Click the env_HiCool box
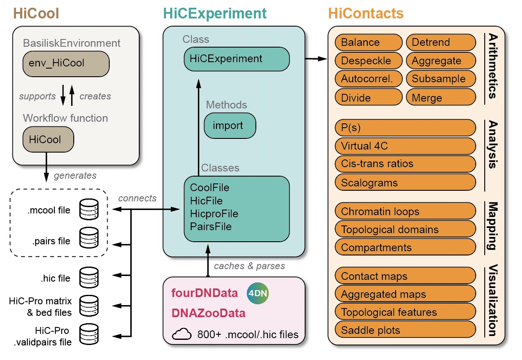coord(66,63)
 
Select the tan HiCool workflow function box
coord(48,139)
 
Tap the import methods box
coord(230,126)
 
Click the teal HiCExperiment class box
coord(237,59)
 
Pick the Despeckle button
coord(368,60)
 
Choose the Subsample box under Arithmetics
coord(441,79)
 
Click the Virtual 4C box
coord(405,146)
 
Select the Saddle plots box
coord(405,330)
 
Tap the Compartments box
coord(405,247)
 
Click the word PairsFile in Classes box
coord(210,226)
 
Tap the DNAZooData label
coord(208,313)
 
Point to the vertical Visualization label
coord(492,301)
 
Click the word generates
coord(75,175)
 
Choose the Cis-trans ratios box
coord(405,164)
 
